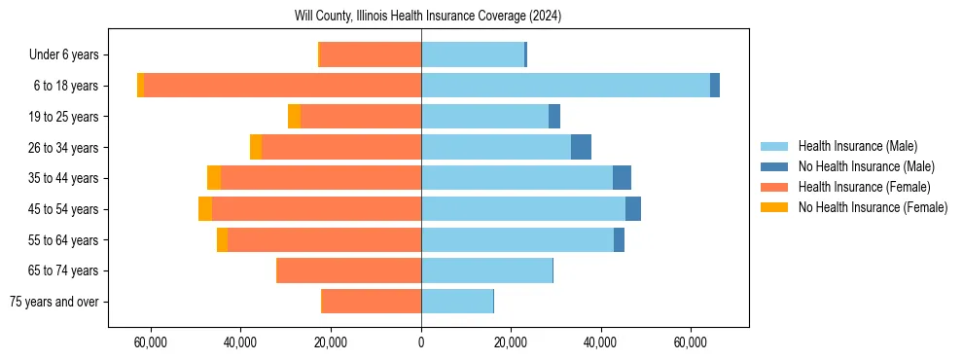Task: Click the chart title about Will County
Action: point(428,17)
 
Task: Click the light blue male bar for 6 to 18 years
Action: point(565,86)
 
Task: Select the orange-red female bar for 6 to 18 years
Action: point(282,86)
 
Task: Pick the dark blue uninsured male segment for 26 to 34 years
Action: point(581,147)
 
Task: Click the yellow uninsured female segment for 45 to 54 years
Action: point(205,209)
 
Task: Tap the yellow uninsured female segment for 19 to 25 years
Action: point(294,117)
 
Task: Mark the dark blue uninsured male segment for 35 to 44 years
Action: point(622,178)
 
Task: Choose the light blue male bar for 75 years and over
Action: point(457,302)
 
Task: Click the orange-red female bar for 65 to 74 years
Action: point(349,270)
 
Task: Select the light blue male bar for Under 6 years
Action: point(473,55)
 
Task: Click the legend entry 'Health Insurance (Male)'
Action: point(857,146)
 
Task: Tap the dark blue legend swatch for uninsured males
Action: point(774,166)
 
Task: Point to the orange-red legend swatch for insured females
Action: point(774,187)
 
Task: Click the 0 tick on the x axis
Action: point(421,342)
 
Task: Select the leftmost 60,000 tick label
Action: point(151,342)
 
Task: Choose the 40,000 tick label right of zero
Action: point(600,342)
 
